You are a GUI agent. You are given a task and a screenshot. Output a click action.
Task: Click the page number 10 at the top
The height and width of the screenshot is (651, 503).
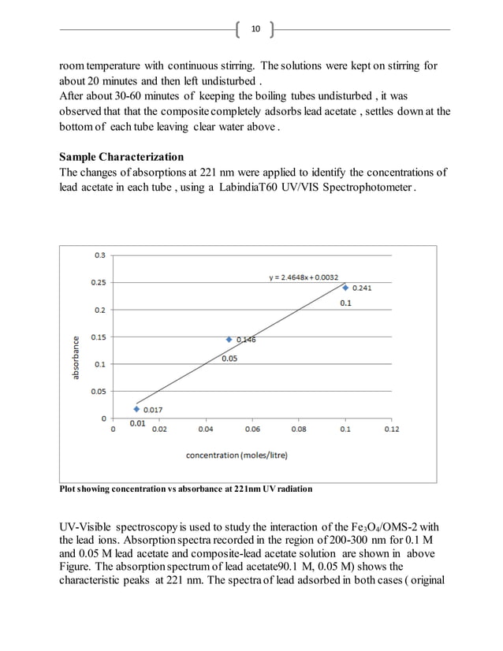pos(255,30)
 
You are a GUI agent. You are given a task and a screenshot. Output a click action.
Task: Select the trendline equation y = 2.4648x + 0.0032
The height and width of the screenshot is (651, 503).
pos(304,277)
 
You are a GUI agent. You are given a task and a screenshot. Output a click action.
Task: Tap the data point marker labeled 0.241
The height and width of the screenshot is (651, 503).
pos(345,287)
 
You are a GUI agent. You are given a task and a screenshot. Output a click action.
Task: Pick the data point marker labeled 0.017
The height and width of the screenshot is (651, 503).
pos(136,409)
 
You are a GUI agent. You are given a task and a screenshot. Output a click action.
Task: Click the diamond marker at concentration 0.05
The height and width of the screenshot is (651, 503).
pos(229,340)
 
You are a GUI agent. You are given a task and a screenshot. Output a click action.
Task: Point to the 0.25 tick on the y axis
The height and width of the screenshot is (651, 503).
pos(98,282)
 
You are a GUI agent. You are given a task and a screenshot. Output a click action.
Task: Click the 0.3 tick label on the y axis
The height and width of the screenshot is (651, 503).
pos(100,255)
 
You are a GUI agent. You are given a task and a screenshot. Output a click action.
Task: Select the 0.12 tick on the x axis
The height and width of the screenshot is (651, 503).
pos(392,430)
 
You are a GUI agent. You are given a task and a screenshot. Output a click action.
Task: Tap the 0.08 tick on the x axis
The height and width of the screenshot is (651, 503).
pos(299,430)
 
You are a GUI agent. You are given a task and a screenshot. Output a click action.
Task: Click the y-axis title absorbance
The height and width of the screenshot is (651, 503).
pos(76,358)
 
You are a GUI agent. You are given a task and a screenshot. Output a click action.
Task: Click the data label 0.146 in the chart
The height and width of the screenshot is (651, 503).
pos(246,340)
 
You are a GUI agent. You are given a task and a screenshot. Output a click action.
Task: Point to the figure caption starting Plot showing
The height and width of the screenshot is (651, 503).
pos(186,489)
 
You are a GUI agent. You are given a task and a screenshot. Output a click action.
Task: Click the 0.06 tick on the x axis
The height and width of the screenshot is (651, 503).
pos(252,430)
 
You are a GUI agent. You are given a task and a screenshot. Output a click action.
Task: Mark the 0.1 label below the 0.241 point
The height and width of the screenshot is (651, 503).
pos(345,303)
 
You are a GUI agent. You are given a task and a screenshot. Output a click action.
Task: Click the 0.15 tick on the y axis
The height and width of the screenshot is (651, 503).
pos(98,337)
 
